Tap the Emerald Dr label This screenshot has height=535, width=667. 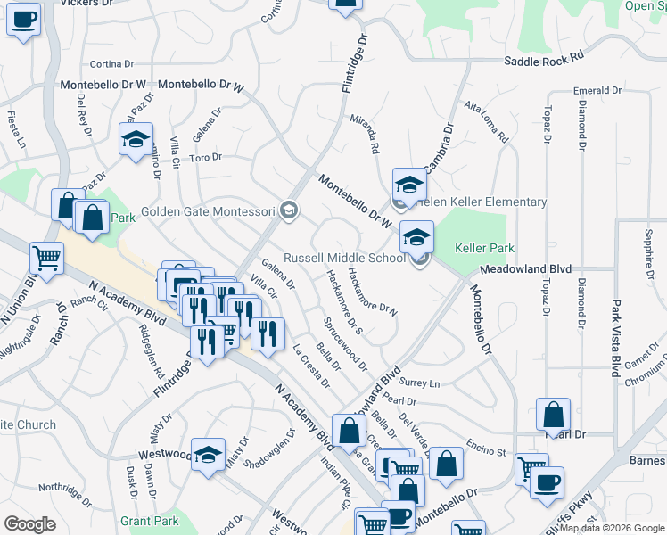click(597, 91)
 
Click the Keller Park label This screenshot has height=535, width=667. click(486, 247)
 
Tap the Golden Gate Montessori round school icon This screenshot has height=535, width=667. click(288, 210)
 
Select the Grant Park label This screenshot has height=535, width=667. click(145, 519)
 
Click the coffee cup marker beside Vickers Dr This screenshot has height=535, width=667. click(24, 20)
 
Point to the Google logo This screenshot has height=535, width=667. click(30, 524)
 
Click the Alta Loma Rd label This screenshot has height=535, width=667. click(486, 121)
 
